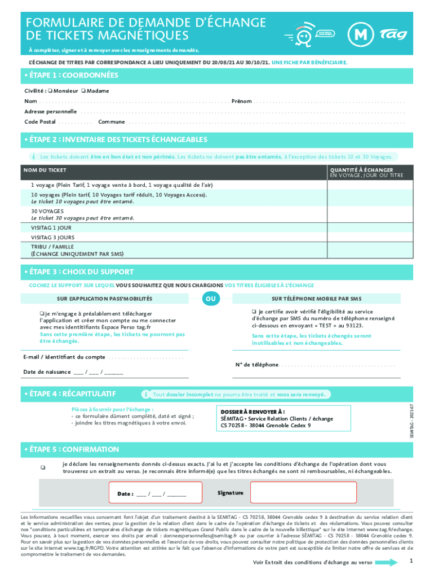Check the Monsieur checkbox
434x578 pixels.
pos(50,91)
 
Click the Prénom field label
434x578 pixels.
pos(241,102)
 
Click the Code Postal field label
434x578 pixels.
pos(40,122)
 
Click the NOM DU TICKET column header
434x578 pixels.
pos(45,170)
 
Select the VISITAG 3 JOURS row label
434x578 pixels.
pos(52,238)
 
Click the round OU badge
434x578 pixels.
pos(210,298)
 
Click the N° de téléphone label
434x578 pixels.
pos(256,365)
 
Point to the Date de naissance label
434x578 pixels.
pos(47,372)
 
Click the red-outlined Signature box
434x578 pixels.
pos(303,493)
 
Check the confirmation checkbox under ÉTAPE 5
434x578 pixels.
pos(42,467)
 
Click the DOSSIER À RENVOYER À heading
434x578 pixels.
pos(244,412)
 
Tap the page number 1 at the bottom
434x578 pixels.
pos(411,561)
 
